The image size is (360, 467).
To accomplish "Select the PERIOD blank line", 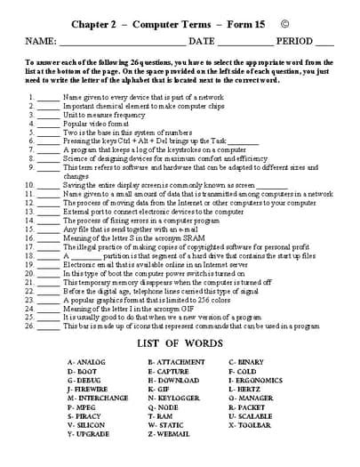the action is pyautogui.click(x=324, y=44).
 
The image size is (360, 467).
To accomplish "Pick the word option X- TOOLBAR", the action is pyautogui.click(x=252, y=424).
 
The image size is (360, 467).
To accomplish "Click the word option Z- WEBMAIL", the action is pyautogui.click(x=169, y=433).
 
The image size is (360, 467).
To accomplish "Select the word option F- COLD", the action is pyautogui.click(x=244, y=372).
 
